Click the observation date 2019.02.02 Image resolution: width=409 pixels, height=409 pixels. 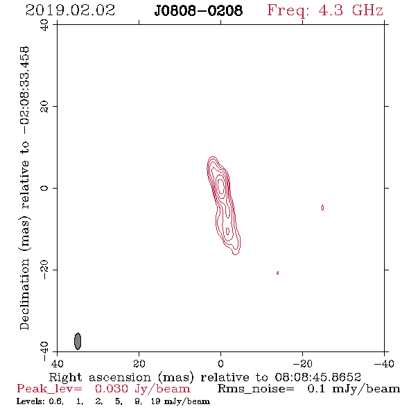click(x=70, y=10)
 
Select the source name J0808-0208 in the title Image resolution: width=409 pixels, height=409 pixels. click(x=198, y=11)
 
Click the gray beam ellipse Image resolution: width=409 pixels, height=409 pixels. click(x=78, y=341)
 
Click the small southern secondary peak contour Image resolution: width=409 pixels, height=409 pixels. click(x=227, y=231)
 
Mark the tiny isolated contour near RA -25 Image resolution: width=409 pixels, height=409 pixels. click(x=322, y=208)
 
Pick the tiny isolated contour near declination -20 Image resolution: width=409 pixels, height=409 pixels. click(x=277, y=273)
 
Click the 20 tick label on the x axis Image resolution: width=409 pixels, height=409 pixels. click(x=139, y=364)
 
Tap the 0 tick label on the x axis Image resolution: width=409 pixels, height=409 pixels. click(x=220, y=364)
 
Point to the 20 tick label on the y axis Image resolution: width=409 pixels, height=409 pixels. click(x=44, y=107)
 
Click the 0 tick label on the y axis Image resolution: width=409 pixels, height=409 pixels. click(x=44, y=188)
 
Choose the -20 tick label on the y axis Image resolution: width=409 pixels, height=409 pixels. click(x=44, y=269)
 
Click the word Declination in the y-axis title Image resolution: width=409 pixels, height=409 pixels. click(x=24, y=294)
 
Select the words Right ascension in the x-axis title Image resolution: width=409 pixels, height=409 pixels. click(x=100, y=377)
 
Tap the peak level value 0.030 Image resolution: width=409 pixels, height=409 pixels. click(x=112, y=389)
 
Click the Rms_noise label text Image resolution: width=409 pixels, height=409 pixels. click(x=256, y=389)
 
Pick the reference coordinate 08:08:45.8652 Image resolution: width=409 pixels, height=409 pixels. click(x=318, y=377)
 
